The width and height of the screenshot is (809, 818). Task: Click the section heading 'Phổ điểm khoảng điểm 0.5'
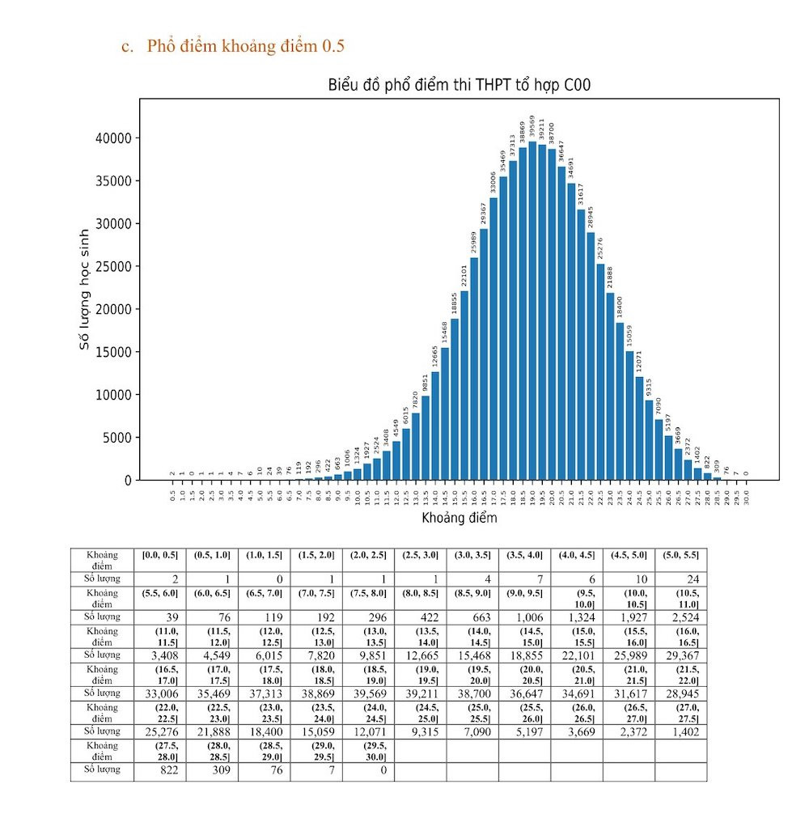[245, 46]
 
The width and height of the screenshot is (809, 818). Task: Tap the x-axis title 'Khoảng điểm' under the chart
[460, 517]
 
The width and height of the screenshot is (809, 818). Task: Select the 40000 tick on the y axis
[113, 138]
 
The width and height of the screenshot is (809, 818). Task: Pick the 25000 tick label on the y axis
[113, 267]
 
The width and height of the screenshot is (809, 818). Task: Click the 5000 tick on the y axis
[116, 438]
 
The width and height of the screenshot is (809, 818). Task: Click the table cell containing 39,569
[368, 693]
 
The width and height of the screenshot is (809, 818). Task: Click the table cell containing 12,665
[420, 655]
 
